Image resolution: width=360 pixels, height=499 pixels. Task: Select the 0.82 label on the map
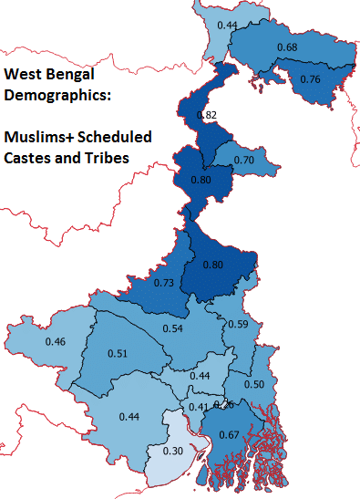(x=207, y=115)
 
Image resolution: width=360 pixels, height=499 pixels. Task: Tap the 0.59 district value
(x=237, y=324)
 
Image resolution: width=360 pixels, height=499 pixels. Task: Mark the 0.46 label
(x=55, y=342)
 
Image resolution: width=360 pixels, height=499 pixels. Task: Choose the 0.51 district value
(x=117, y=354)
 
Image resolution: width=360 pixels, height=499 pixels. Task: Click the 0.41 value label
(x=199, y=407)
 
